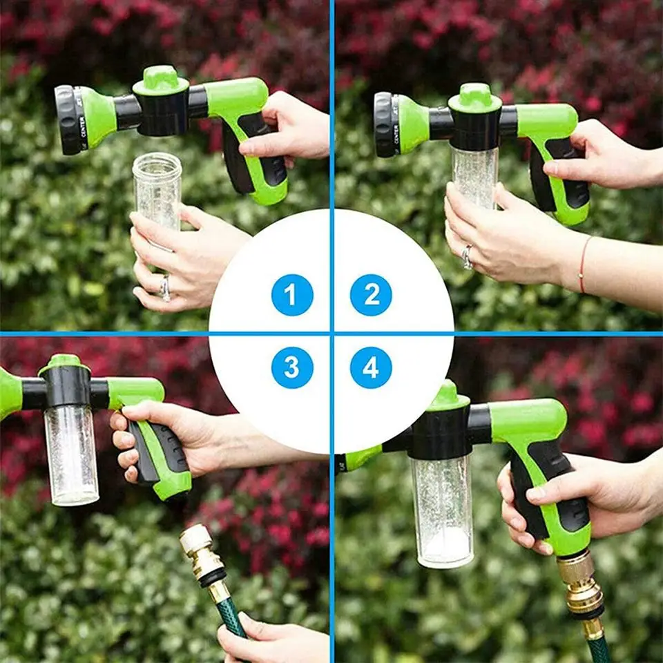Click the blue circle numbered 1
point(292,295)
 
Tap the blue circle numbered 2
point(371,295)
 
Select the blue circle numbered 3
point(292,367)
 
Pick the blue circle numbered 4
point(371,367)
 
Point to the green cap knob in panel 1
point(160,79)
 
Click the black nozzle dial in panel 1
point(68,119)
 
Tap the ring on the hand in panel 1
point(164,288)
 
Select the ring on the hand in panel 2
point(468,257)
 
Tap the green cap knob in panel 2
point(475,97)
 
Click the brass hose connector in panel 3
point(202,556)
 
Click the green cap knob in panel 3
point(64,364)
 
